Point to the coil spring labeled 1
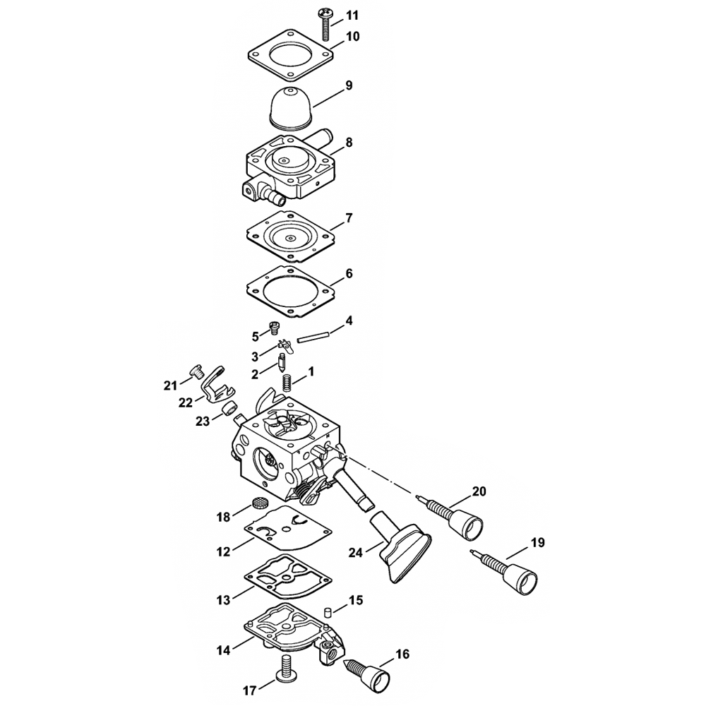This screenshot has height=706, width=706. click(287, 382)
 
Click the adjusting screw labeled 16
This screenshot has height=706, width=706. click(369, 672)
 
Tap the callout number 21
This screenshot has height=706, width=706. click(169, 385)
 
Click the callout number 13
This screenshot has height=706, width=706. click(223, 599)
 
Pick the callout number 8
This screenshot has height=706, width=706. click(349, 142)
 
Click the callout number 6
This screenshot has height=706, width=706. click(349, 273)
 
